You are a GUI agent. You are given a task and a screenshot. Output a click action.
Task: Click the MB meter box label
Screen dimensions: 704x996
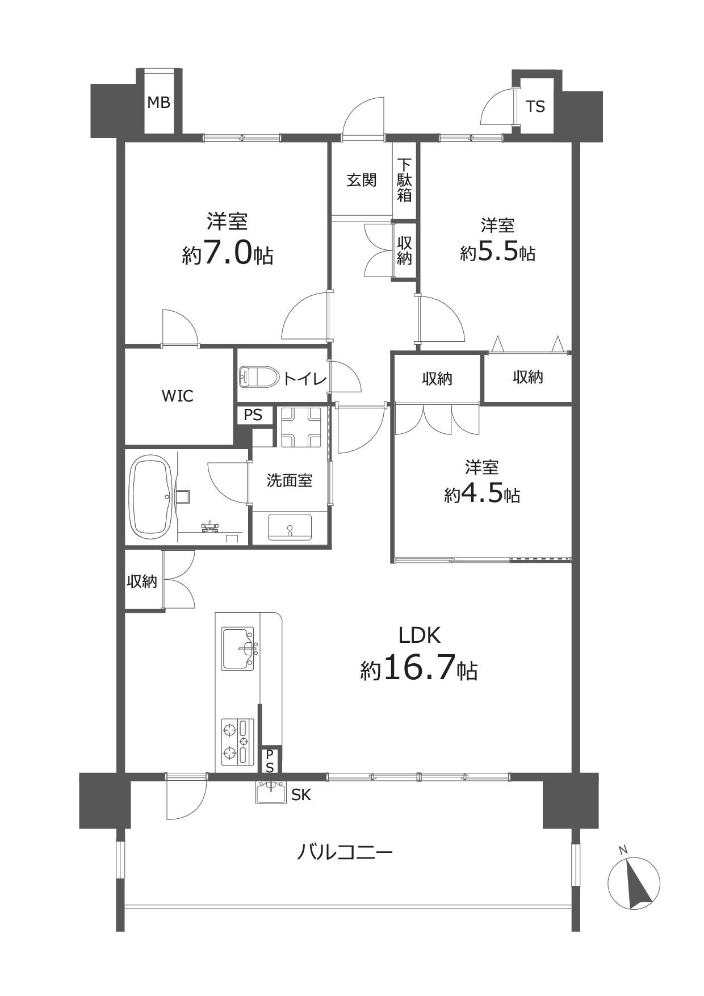tap(158, 103)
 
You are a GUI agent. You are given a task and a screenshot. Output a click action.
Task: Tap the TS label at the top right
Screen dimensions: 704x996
tap(535, 106)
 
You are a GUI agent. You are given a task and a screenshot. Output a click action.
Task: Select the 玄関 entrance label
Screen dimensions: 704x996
tap(362, 180)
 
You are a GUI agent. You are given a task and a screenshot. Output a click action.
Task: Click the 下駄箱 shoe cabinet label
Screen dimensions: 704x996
tap(405, 180)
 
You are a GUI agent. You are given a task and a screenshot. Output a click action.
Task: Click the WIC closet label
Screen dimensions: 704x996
tap(178, 396)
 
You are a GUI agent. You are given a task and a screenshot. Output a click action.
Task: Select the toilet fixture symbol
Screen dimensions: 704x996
tap(259, 376)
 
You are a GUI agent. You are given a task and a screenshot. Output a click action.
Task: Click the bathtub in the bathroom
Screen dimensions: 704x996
tap(152, 497)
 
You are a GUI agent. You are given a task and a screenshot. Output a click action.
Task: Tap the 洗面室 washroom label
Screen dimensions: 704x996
tap(290, 480)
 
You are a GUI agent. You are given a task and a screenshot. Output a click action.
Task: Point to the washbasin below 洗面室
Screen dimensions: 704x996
tap(290, 528)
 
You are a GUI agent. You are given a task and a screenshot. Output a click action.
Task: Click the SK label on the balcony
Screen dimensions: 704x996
tap(301, 795)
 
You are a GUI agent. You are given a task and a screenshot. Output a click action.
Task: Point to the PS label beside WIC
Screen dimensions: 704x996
tap(253, 415)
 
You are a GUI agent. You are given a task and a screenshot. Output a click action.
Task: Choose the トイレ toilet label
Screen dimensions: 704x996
tap(304, 378)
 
